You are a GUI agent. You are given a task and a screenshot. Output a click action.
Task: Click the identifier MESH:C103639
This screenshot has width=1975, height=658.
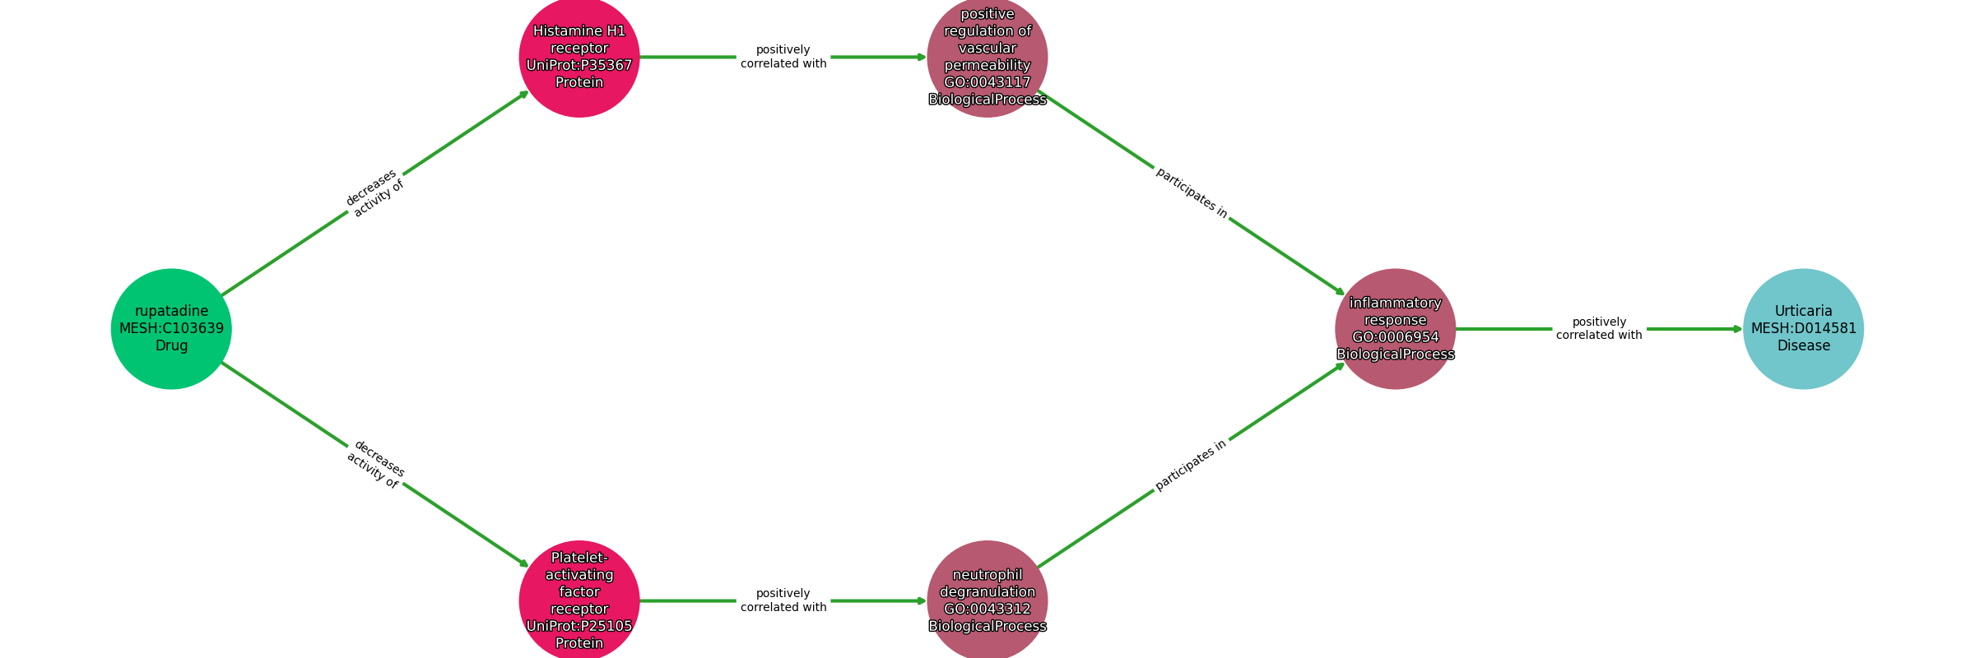[x=171, y=328]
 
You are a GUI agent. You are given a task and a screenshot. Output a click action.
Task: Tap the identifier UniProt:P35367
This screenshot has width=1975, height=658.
[x=579, y=65]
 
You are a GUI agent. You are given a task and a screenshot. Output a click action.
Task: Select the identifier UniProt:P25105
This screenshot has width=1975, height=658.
[x=579, y=626]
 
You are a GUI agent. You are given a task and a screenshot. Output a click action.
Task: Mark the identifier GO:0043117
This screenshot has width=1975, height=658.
[x=987, y=82]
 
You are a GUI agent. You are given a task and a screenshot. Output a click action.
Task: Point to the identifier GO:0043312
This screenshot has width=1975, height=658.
[x=987, y=609]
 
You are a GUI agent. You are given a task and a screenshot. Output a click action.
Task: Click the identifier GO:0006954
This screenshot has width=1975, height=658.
[x=1396, y=337]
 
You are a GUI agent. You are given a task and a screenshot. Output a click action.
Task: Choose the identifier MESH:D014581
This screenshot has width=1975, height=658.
[x=1803, y=328]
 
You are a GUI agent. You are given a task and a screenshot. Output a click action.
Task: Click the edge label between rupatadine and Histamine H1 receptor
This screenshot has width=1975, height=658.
[x=374, y=193]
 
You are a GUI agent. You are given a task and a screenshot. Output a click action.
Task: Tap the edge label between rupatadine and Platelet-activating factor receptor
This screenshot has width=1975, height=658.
[x=375, y=465]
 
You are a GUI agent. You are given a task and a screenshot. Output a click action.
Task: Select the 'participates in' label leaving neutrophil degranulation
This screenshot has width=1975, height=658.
[x=1191, y=465]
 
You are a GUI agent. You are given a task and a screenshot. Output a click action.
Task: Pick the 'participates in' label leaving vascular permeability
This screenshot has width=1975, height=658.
[x=1192, y=193]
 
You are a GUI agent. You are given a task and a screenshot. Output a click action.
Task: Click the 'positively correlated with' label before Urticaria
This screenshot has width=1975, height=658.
[x=1599, y=328]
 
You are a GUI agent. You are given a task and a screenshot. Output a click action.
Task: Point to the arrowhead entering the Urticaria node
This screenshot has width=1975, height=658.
[x=1737, y=329]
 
